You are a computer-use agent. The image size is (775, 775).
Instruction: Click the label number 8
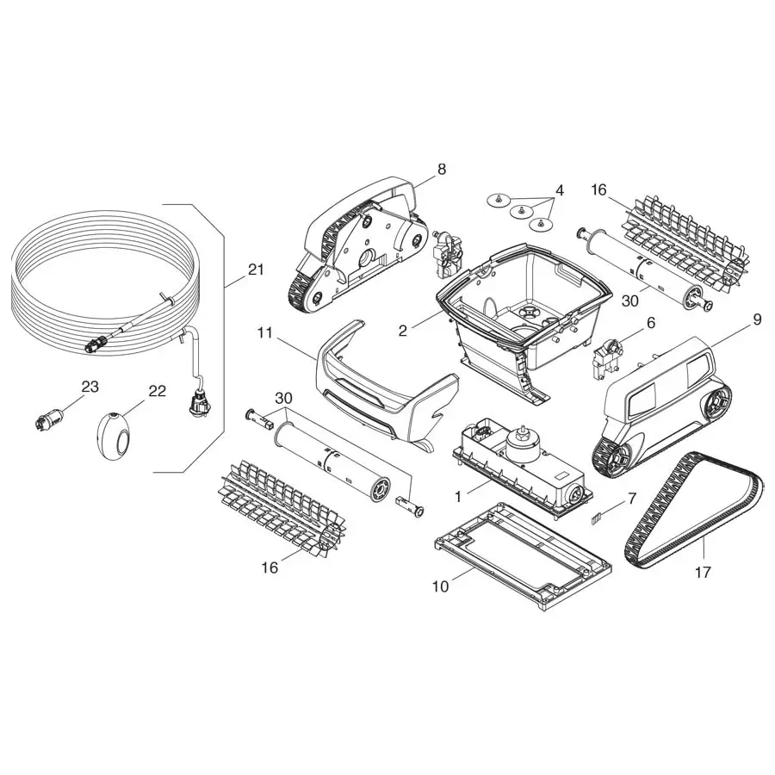click(x=442, y=170)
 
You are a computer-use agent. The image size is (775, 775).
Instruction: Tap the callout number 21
click(x=255, y=270)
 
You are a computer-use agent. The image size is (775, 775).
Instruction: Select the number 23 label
click(x=90, y=387)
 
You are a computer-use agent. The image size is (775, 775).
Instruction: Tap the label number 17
click(x=703, y=571)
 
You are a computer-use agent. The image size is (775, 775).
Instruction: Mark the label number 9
click(x=757, y=319)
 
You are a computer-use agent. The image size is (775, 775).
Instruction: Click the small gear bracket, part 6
click(x=606, y=358)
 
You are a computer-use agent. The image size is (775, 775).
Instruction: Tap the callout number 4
click(x=559, y=190)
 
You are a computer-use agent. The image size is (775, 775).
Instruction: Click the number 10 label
click(x=441, y=586)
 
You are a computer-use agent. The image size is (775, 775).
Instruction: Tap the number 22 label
click(x=157, y=390)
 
